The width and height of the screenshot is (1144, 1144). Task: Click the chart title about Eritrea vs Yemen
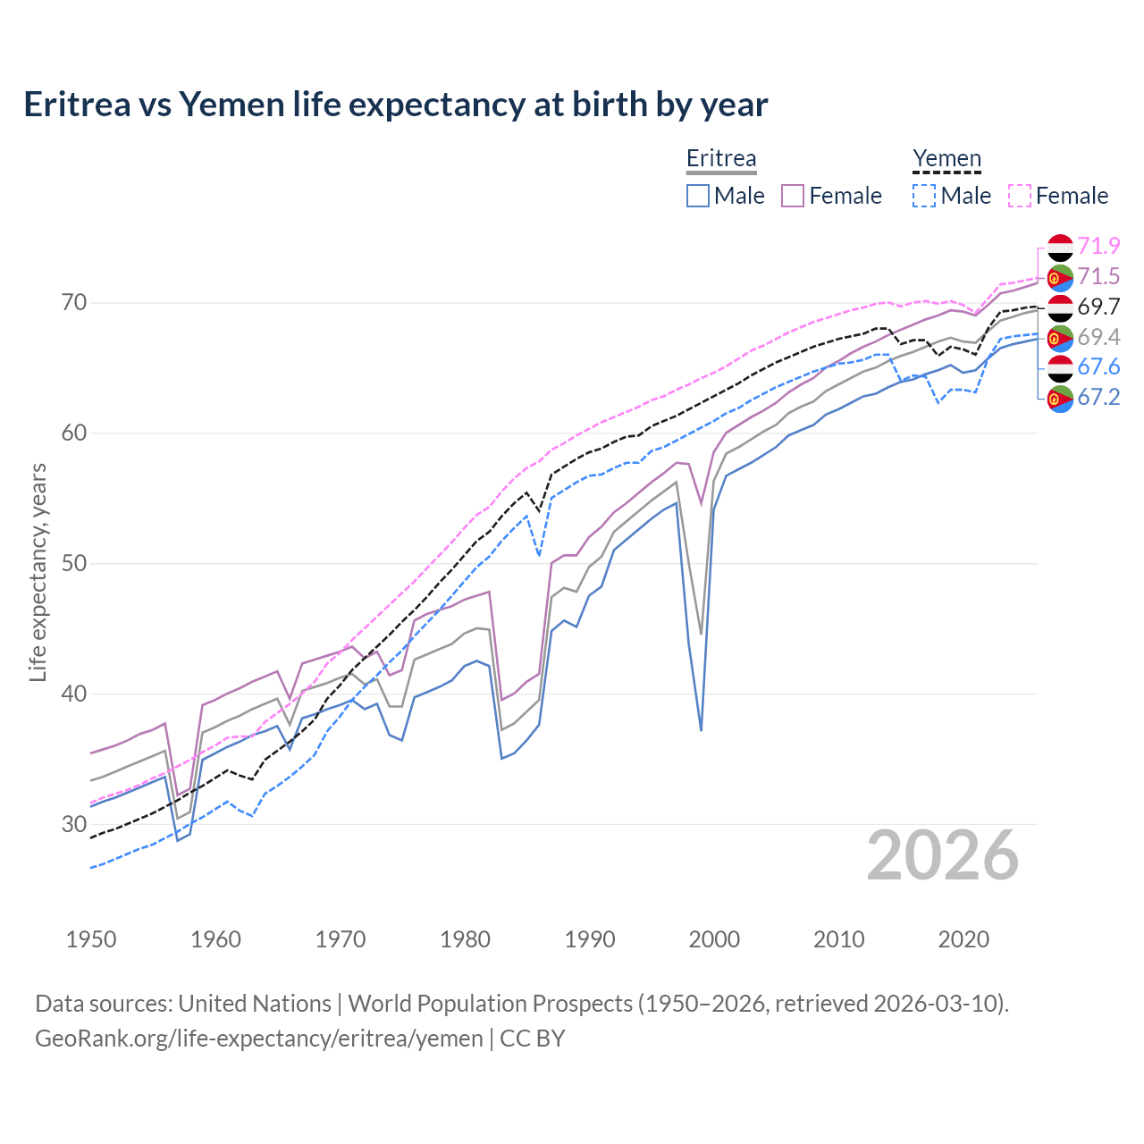pyautogui.click(x=395, y=105)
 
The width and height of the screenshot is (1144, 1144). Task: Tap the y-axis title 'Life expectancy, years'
pyautogui.click(x=38, y=572)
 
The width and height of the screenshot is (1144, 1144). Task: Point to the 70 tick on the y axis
pyautogui.click(x=74, y=303)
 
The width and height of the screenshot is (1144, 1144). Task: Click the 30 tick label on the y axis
pyautogui.click(x=74, y=824)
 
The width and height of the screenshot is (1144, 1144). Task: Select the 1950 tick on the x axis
pyautogui.click(x=91, y=939)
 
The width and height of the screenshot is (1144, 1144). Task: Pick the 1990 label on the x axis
pyautogui.click(x=590, y=939)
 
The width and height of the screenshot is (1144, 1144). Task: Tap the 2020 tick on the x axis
pyautogui.click(x=963, y=939)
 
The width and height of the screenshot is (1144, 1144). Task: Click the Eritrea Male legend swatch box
pyautogui.click(x=698, y=196)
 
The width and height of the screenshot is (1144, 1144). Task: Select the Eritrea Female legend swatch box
pyautogui.click(x=793, y=196)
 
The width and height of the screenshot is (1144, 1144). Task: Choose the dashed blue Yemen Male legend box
pyautogui.click(x=924, y=196)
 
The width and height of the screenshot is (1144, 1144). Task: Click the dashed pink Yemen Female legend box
pyautogui.click(x=1020, y=196)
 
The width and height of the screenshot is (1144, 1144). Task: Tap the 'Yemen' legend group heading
pyautogui.click(x=946, y=158)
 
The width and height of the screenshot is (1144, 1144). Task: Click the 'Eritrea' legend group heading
pyautogui.click(x=721, y=158)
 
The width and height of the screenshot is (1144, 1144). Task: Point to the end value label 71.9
pyautogui.click(x=1098, y=246)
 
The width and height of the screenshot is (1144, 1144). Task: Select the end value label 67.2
pyautogui.click(x=1098, y=397)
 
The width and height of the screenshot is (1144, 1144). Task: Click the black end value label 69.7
pyautogui.click(x=1098, y=307)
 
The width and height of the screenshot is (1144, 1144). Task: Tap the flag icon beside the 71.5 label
pyautogui.click(x=1060, y=277)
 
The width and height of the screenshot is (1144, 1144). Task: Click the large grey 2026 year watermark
pyautogui.click(x=943, y=855)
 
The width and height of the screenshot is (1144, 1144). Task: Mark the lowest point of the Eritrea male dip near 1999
pyautogui.click(x=701, y=730)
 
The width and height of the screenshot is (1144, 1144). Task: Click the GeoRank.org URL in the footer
pyautogui.click(x=259, y=1039)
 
